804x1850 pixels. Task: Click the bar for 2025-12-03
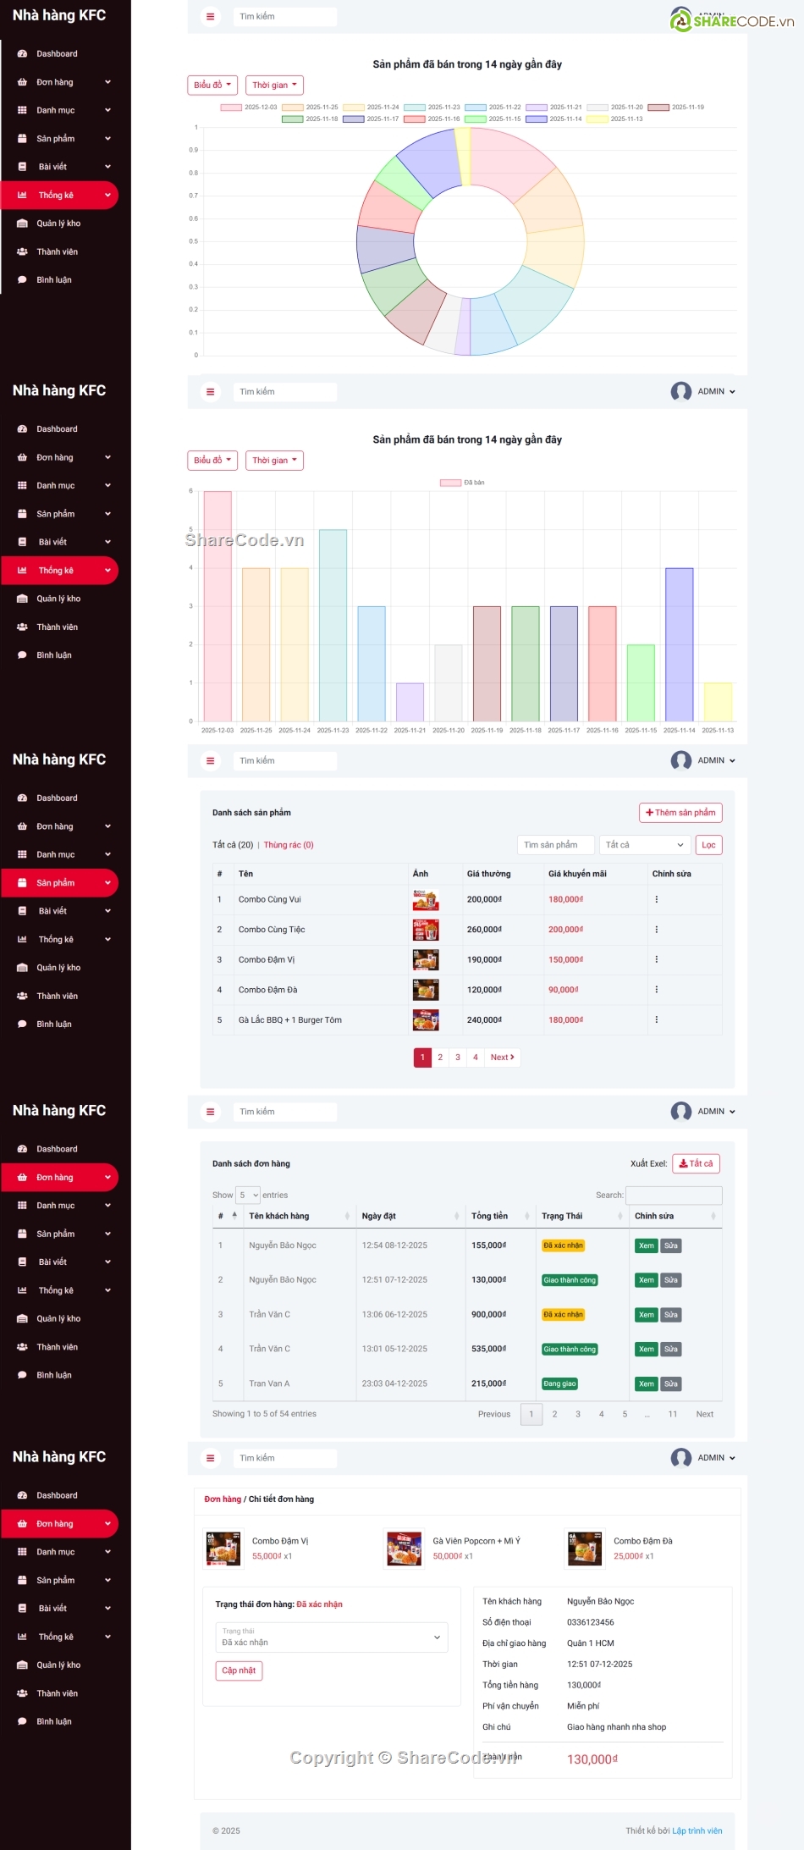click(x=218, y=605)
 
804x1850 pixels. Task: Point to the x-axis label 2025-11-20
click(x=449, y=730)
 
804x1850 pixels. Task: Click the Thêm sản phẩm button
click(x=680, y=813)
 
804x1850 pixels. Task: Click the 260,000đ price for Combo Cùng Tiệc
click(x=484, y=930)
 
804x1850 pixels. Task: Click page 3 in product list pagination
click(x=458, y=1058)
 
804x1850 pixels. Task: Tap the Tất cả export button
click(x=696, y=1163)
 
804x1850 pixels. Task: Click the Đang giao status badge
click(x=559, y=1383)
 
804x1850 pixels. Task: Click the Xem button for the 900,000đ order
click(x=647, y=1315)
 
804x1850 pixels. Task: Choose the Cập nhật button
click(x=239, y=1671)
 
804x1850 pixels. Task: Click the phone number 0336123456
click(x=591, y=1622)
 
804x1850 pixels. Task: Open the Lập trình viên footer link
click(x=697, y=1831)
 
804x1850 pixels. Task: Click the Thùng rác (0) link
click(x=289, y=845)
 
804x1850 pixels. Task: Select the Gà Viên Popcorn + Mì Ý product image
click(x=404, y=1548)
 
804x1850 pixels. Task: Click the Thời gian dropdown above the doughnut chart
click(x=274, y=86)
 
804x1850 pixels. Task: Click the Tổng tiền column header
click(x=489, y=1216)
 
